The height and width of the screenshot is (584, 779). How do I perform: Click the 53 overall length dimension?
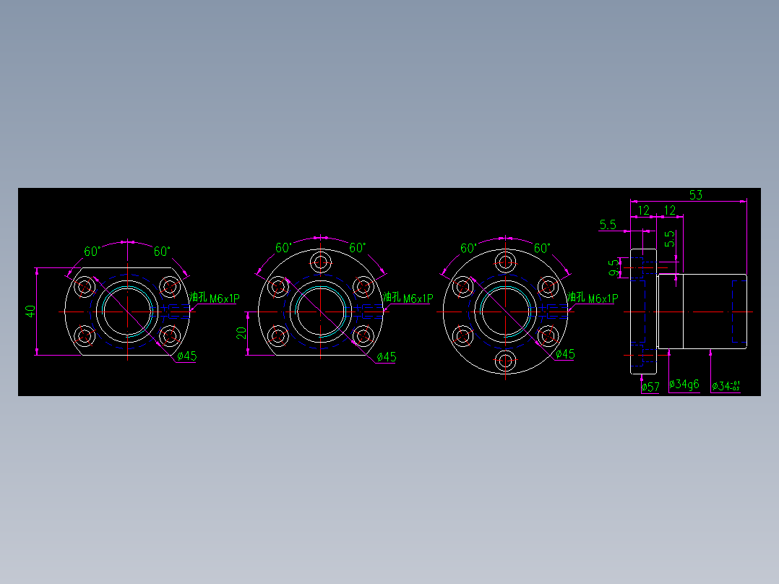coord(695,194)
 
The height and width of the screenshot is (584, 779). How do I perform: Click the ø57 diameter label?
coord(650,387)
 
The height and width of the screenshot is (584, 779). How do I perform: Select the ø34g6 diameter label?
coord(684,385)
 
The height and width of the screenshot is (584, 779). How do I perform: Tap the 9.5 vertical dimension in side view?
coord(614,268)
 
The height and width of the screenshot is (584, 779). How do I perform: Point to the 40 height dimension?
coord(30,312)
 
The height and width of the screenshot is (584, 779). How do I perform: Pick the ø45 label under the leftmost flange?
coord(186,356)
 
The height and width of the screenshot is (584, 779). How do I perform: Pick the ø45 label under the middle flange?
coord(386,357)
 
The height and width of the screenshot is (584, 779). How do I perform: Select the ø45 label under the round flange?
coord(565,354)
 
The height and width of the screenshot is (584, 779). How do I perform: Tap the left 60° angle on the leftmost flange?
coord(92,252)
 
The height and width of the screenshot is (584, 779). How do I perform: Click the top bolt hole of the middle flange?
coord(321,262)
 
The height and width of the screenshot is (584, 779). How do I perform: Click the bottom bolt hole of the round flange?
coord(505,360)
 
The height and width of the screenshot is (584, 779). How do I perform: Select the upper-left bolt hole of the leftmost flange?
coord(85,286)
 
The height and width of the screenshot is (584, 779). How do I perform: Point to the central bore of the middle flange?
coord(321,312)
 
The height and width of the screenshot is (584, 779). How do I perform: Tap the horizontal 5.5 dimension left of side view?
coord(608,225)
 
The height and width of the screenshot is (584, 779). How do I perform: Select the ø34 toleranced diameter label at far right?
coord(726,386)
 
